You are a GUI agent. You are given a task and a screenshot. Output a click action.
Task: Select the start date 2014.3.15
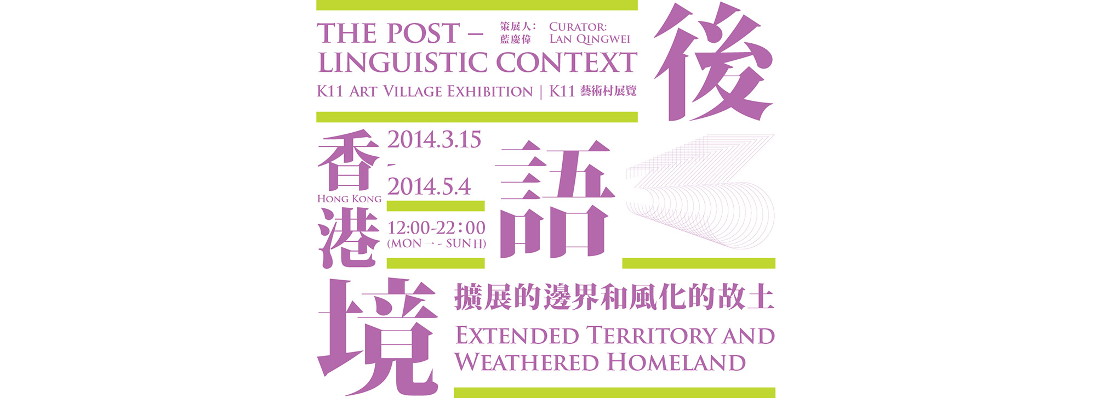pos(434,140)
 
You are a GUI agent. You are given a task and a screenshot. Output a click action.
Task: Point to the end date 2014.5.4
pos(429,186)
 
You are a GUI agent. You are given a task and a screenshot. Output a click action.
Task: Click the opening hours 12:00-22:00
pos(436,228)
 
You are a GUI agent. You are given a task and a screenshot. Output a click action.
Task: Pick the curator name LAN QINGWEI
pos(590,39)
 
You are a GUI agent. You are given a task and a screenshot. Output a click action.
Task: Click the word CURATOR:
pos(578,26)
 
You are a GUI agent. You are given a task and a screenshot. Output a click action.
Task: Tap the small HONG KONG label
pos(349,198)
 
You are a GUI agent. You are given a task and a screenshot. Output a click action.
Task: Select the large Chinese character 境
pos(378,336)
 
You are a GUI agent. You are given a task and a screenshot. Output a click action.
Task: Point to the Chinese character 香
pos(349,160)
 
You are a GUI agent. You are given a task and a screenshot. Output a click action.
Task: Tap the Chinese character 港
pos(349,237)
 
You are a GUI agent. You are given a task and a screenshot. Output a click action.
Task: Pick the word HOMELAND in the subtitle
pos(676,362)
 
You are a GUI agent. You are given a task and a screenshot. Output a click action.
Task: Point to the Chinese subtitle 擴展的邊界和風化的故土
pos(614,298)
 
